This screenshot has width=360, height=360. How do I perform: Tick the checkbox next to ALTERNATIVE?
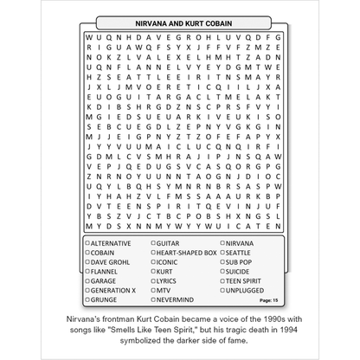(x=88, y=244)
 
